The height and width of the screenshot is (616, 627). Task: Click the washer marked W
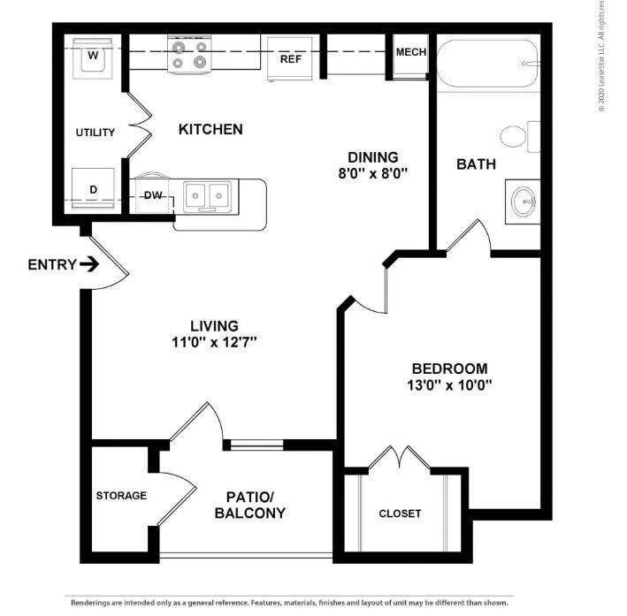tap(92, 58)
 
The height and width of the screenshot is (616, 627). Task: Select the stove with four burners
tap(191, 55)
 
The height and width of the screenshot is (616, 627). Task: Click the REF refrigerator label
tap(291, 60)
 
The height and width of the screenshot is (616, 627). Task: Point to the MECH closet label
tap(410, 52)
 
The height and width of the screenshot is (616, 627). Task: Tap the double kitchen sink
tap(208, 194)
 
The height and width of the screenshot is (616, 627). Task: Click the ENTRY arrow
tap(89, 264)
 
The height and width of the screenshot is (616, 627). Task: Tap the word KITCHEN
tap(210, 129)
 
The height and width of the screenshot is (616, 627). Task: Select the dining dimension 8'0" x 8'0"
tap(371, 174)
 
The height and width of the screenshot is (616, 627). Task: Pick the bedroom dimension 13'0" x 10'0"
tap(448, 384)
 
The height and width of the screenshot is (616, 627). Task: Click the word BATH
tap(476, 164)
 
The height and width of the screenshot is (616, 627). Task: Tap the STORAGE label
tap(121, 495)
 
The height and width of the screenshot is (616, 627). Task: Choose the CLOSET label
tap(400, 513)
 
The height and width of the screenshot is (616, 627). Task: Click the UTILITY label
tap(95, 133)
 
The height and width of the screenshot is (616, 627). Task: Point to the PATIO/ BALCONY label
tap(249, 505)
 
